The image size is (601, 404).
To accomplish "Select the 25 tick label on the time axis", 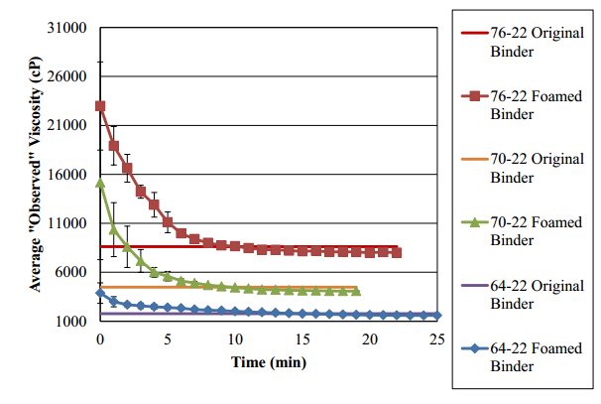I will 437,339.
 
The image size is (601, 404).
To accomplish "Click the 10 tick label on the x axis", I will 235,339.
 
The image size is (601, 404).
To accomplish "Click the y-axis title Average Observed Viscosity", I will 36,175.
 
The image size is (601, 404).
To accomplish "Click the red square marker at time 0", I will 100,106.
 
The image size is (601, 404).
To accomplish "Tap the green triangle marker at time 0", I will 100,183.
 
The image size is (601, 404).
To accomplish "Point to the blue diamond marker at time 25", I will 437,315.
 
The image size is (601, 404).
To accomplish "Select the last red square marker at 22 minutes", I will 397,253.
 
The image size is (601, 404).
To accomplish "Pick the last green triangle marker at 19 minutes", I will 356,292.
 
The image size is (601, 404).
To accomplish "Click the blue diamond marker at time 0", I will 100,293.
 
